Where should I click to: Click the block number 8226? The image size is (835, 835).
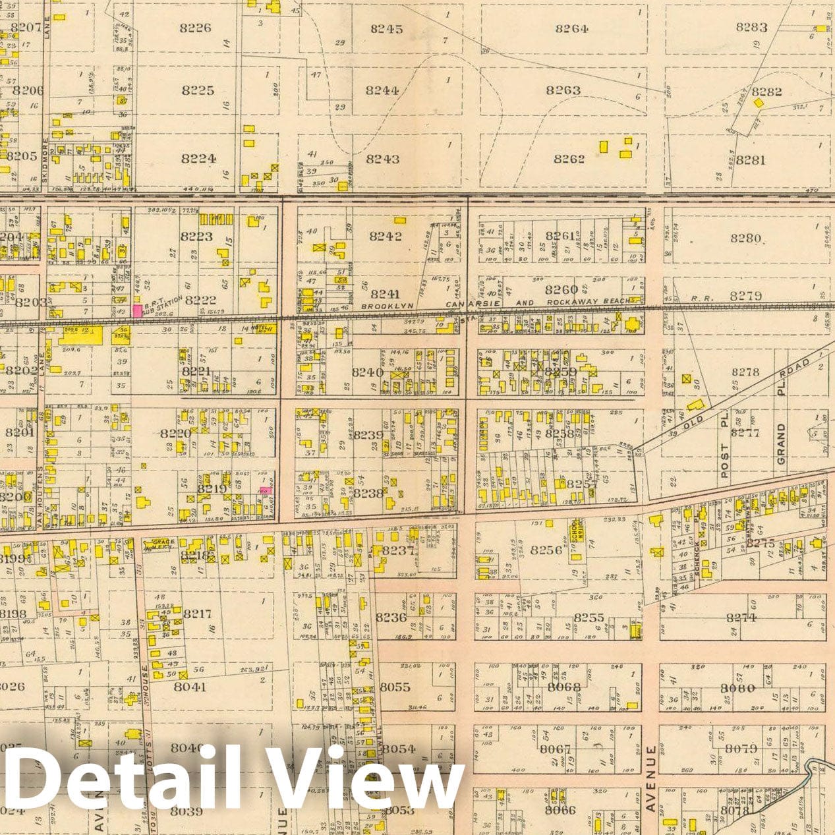pos(195,28)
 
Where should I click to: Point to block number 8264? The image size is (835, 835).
pos(571,28)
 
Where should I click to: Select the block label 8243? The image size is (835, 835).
pos(383,159)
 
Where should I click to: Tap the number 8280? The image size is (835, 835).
pos(745,239)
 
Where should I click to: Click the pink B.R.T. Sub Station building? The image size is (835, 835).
pos(137,310)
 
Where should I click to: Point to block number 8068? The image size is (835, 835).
pos(563,687)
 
